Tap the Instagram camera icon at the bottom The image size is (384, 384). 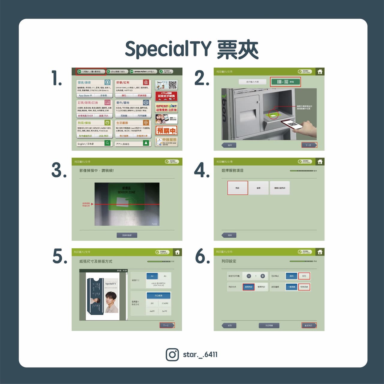172,354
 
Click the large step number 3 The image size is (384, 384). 59,170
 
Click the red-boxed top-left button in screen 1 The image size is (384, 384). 91,72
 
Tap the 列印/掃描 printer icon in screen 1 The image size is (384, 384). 107,123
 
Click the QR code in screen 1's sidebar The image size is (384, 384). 172,85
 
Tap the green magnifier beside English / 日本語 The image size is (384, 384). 107,143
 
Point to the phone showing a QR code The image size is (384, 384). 292,124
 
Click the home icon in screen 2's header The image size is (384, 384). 320,72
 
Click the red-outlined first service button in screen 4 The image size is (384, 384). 238,188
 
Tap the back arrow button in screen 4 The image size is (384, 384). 229,235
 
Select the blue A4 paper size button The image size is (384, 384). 152,276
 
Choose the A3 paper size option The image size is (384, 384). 165,276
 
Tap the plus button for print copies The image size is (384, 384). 262,276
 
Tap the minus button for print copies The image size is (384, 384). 249,276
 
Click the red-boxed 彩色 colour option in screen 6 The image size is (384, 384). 304,276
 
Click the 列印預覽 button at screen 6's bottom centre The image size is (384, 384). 269,325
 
